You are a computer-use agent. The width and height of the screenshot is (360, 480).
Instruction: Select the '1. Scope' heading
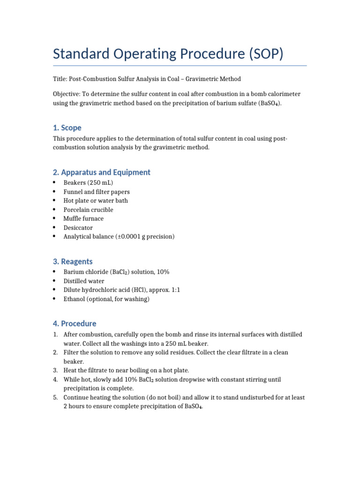tap(67, 127)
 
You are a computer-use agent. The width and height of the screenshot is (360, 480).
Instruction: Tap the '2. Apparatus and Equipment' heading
tap(102, 172)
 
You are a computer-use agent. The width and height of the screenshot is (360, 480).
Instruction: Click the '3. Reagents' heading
tap(73, 262)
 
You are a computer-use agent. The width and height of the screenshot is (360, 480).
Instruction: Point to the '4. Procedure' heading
tap(75, 323)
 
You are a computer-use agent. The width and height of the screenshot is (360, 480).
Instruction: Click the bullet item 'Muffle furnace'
tap(83, 218)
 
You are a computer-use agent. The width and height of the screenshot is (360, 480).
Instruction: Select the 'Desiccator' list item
tap(78, 228)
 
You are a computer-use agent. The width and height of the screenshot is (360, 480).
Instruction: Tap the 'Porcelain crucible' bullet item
tap(88, 210)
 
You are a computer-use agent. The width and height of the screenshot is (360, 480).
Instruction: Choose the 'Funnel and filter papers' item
tap(97, 192)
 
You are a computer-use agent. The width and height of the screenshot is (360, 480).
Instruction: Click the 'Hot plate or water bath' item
tap(96, 201)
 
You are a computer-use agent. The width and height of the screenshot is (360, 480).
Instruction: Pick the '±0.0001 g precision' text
tap(145, 237)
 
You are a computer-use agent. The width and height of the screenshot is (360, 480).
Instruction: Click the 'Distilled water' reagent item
tap(84, 281)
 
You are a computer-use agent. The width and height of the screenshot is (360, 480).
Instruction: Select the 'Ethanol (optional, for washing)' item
tap(106, 299)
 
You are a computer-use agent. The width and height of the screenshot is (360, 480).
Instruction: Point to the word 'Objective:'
tap(67, 94)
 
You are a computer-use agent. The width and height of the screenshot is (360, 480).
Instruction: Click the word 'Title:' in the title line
tap(60, 79)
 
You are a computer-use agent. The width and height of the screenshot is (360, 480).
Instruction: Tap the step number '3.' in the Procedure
tap(55, 370)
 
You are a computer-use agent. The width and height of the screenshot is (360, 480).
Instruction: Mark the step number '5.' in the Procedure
tap(55, 397)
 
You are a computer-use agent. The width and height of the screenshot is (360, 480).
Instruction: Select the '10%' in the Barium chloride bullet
tap(163, 272)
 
